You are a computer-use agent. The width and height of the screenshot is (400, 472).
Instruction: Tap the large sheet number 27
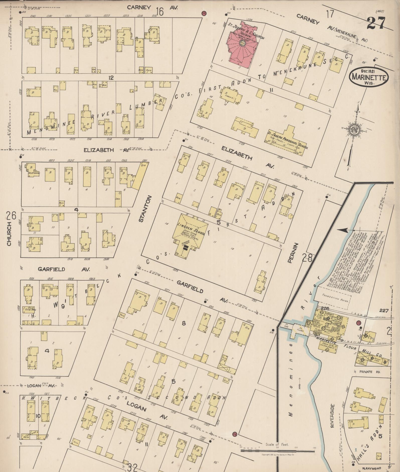coord(376,23)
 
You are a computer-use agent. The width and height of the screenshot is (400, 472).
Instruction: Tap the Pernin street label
coord(290,253)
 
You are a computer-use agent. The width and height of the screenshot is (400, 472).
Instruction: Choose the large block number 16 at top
coord(159,11)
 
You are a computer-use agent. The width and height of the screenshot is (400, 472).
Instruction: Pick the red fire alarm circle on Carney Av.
coord(204,13)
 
